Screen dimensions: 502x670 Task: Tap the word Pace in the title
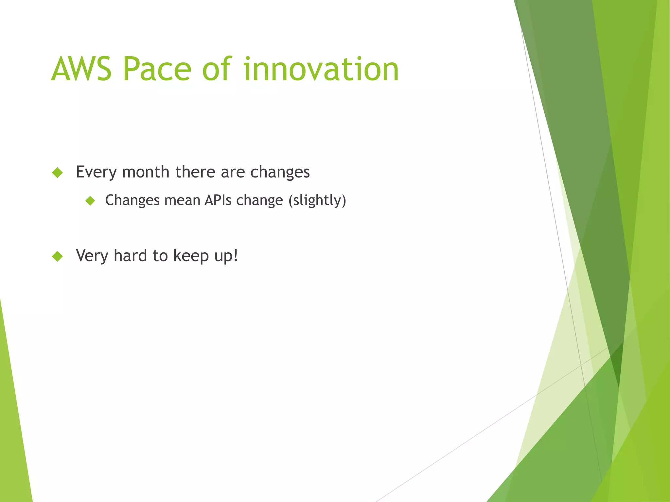[x=157, y=69]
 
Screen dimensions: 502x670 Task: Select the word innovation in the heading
[x=321, y=69]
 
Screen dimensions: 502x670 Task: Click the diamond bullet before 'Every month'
[x=58, y=173]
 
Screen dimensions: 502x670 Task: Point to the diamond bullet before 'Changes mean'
[x=90, y=201]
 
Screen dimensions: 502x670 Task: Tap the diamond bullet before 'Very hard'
[x=58, y=257]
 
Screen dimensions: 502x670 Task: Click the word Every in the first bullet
[x=96, y=172]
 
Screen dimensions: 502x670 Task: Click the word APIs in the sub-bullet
[x=218, y=200]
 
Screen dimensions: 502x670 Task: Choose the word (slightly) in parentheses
[x=317, y=200]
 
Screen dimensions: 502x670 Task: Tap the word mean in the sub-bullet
[x=182, y=200]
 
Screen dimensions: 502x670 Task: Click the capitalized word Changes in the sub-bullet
[x=132, y=200]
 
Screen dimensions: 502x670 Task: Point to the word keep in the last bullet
[x=191, y=256]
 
